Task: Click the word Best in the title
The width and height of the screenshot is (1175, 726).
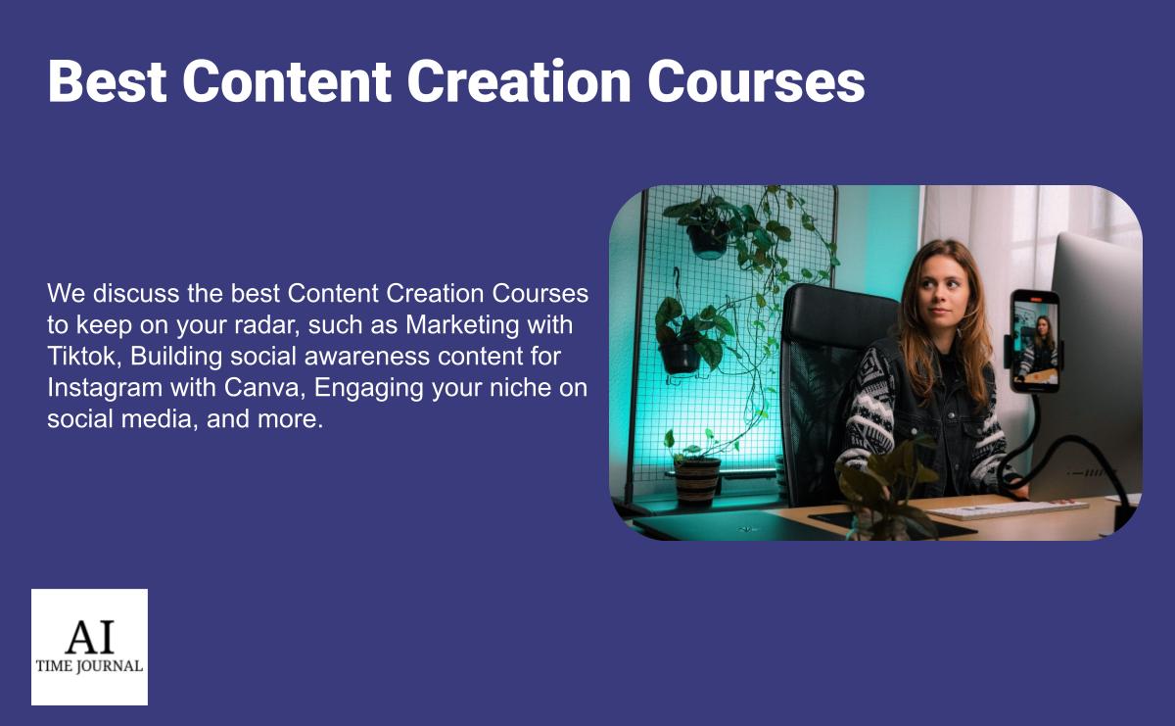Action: [x=107, y=81]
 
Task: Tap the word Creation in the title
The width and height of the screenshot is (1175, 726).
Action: [x=519, y=81]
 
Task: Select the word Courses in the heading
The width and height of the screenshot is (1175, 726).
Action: [x=756, y=81]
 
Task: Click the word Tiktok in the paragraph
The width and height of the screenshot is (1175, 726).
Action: [x=84, y=356]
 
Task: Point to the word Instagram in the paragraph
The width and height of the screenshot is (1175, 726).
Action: [x=105, y=389]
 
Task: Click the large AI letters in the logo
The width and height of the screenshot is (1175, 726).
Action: [x=90, y=636]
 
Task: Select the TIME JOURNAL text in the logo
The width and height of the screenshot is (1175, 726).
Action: [x=89, y=666]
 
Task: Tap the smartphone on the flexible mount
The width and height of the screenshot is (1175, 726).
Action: [x=1035, y=340]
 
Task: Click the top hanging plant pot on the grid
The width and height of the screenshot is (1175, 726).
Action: [x=708, y=240]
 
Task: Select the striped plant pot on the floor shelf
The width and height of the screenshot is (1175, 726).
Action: [x=697, y=482]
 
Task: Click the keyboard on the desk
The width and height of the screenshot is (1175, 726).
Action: [x=1006, y=508]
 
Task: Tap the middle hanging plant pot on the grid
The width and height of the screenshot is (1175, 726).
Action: [x=681, y=358]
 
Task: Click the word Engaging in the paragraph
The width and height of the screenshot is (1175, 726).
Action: [x=368, y=389]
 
